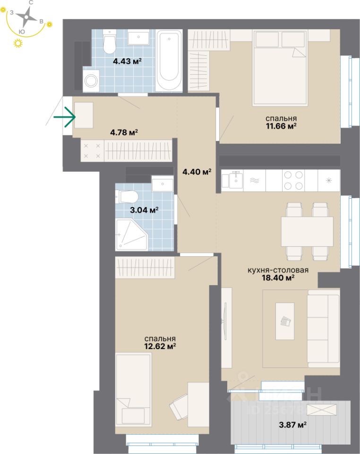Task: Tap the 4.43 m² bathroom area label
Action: (x=127, y=61)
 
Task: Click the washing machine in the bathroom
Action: (x=91, y=80)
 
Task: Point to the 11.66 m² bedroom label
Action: (x=281, y=122)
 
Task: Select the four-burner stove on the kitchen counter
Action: (x=293, y=180)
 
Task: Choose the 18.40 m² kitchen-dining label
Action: (x=278, y=274)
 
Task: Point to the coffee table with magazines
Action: (x=285, y=321)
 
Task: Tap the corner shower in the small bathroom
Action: (x=132, y=235)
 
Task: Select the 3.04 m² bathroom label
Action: (x=144, y=210)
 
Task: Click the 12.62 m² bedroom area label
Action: (x=160, y=342)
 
